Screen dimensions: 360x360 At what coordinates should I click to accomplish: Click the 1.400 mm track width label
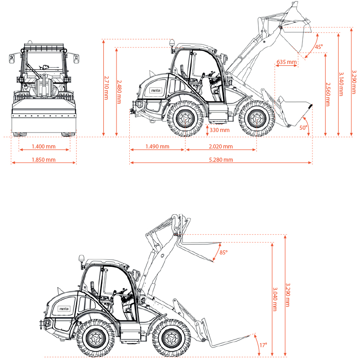click(43, 147)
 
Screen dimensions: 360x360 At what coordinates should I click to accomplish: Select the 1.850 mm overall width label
click(43, 160)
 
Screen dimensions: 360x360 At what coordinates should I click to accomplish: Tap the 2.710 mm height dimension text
click(106, 88)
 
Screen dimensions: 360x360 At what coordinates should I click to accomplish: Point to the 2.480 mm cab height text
click(119, 92)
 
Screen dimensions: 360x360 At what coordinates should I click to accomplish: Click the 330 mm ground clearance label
click(219, 130)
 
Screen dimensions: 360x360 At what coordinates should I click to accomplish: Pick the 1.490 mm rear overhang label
click(157, 147)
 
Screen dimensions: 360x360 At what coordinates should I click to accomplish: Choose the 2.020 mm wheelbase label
click(221, 147)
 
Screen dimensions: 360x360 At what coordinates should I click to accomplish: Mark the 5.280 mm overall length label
click(221, 160)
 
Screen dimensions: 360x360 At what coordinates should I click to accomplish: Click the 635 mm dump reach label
click(286, 62)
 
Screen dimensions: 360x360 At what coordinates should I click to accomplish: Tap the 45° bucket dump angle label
click(319, 47)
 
